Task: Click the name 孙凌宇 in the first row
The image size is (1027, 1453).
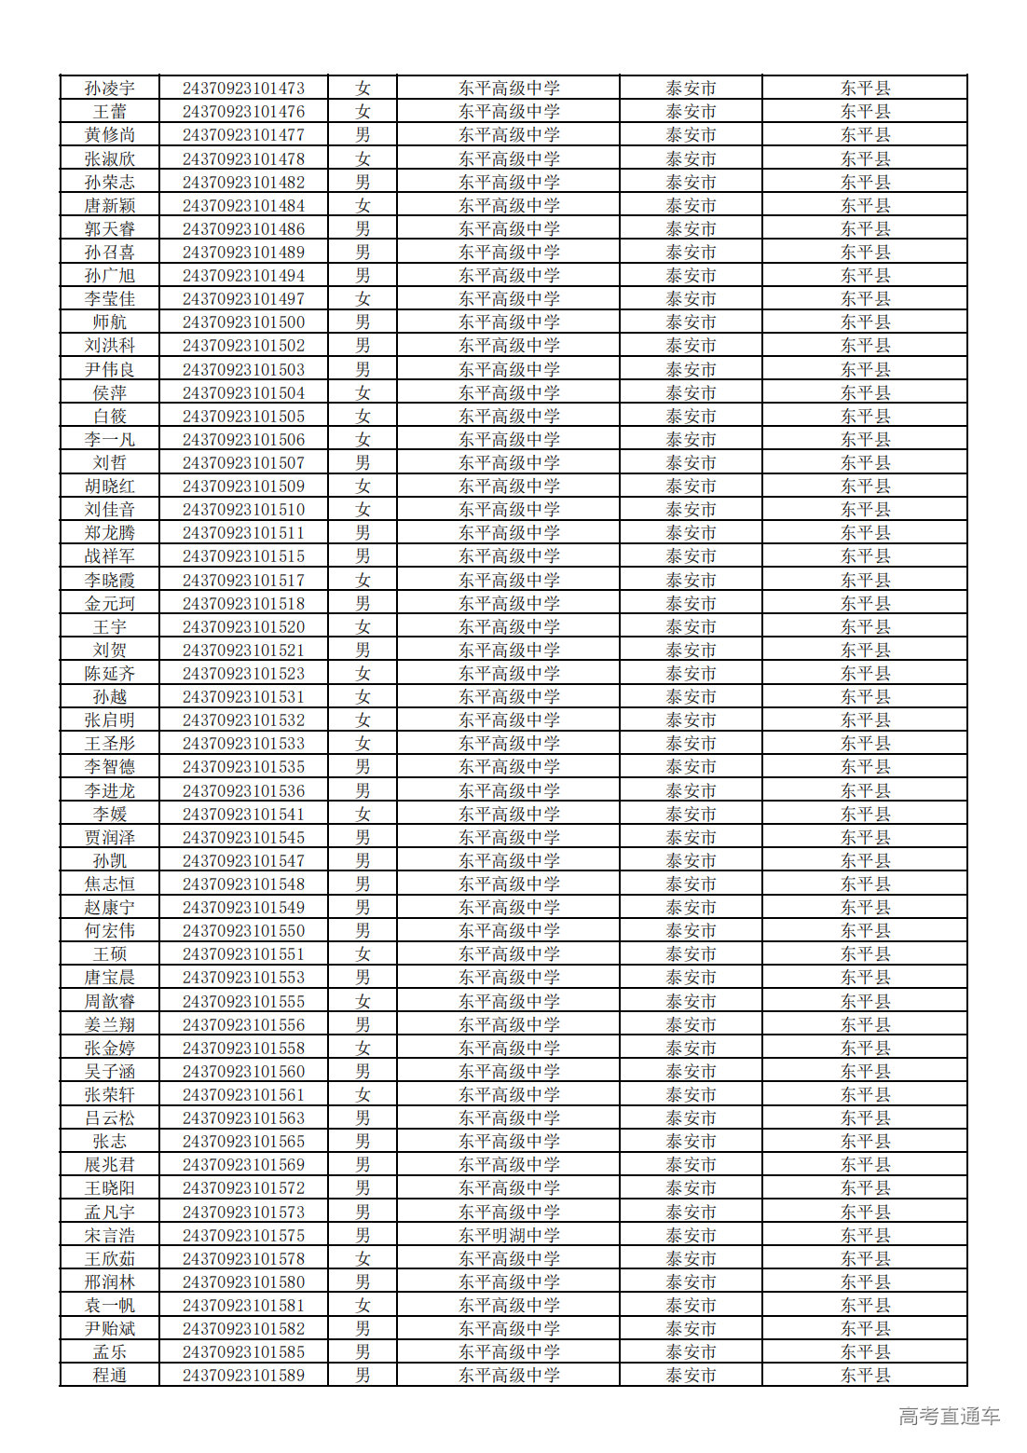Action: (x=110, y=89)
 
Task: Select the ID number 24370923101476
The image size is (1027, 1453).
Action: (x=243, y=112)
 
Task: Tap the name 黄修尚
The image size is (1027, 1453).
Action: (x=110, y=135)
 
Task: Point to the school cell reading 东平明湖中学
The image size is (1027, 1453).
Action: (x=509, y=1235)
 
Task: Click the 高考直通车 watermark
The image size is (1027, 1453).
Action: (x=949, y=1417)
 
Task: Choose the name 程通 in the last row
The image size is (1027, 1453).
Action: (x=110, y=1375)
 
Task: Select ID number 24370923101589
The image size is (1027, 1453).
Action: (x=243, y=1375)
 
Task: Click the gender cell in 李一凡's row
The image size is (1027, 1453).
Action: (x=363, y=439)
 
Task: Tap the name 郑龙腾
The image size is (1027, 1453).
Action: (x=110, y=533)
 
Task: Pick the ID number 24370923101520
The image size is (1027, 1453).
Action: (x=243, y=626)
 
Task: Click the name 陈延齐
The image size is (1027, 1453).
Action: (x=110, y=673)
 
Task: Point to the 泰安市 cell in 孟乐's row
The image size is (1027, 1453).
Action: (x=691, y=1351)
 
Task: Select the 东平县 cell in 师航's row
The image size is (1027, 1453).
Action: (x=865, y=322)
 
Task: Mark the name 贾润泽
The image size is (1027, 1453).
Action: (x=110, y=837)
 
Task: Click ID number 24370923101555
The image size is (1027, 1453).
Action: (x=243, y=1001)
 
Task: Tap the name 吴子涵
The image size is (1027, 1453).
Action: (x=110, y=1071)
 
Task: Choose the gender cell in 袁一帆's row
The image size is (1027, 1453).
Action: (x=363, y=1305)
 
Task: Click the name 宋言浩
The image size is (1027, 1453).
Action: (x=110, y=1235)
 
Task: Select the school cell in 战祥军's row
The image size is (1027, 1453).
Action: (x=509, y=556)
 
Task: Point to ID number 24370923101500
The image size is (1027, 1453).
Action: (x=243, y=322)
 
